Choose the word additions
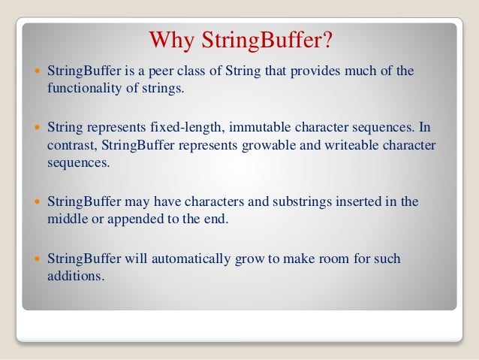(x=74, y=277)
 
